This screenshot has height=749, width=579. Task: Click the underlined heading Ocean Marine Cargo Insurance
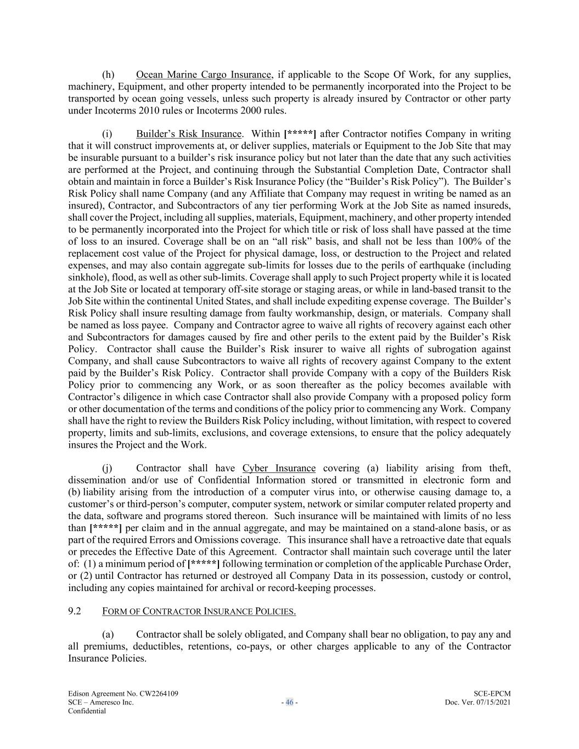(203, 75)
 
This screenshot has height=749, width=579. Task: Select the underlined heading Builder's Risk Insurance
(188, 134)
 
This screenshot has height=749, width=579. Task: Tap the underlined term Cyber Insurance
(279, 468)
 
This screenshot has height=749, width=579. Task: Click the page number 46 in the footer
(289, 702)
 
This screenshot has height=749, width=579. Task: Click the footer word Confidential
(87, 711)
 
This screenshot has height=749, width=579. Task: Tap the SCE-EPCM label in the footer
(492, 694)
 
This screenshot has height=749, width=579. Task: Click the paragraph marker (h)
(108, 75)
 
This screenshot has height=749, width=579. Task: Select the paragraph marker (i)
(107, 134)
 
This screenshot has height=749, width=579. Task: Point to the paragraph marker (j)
(107, 468)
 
